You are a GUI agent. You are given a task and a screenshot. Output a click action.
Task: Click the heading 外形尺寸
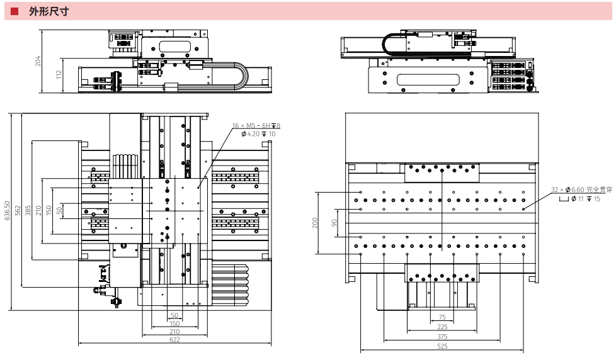pos(48,11)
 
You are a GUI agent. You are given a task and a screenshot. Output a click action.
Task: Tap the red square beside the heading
pos(14,11)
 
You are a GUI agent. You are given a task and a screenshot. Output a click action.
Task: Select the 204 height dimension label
pos(38,61)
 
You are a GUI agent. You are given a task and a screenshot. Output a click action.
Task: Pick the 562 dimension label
pos(18,210)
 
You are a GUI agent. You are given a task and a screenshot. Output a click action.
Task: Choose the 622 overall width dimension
pos(174,340)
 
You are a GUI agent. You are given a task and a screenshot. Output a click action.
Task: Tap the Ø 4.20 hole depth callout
pos(258,133)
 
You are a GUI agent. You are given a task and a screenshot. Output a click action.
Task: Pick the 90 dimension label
pos(336,222)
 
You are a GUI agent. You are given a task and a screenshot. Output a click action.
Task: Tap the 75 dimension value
pos(442,317)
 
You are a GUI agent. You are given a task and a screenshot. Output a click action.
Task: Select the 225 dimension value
pos(442,327)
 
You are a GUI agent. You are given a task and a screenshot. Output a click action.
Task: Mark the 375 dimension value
pos(442,337)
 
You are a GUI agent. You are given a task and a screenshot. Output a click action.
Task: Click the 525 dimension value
pos(442,346)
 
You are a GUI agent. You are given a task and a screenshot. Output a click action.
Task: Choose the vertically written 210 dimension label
pos(38,210)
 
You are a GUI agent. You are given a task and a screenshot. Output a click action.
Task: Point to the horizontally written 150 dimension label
pos(174,323)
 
